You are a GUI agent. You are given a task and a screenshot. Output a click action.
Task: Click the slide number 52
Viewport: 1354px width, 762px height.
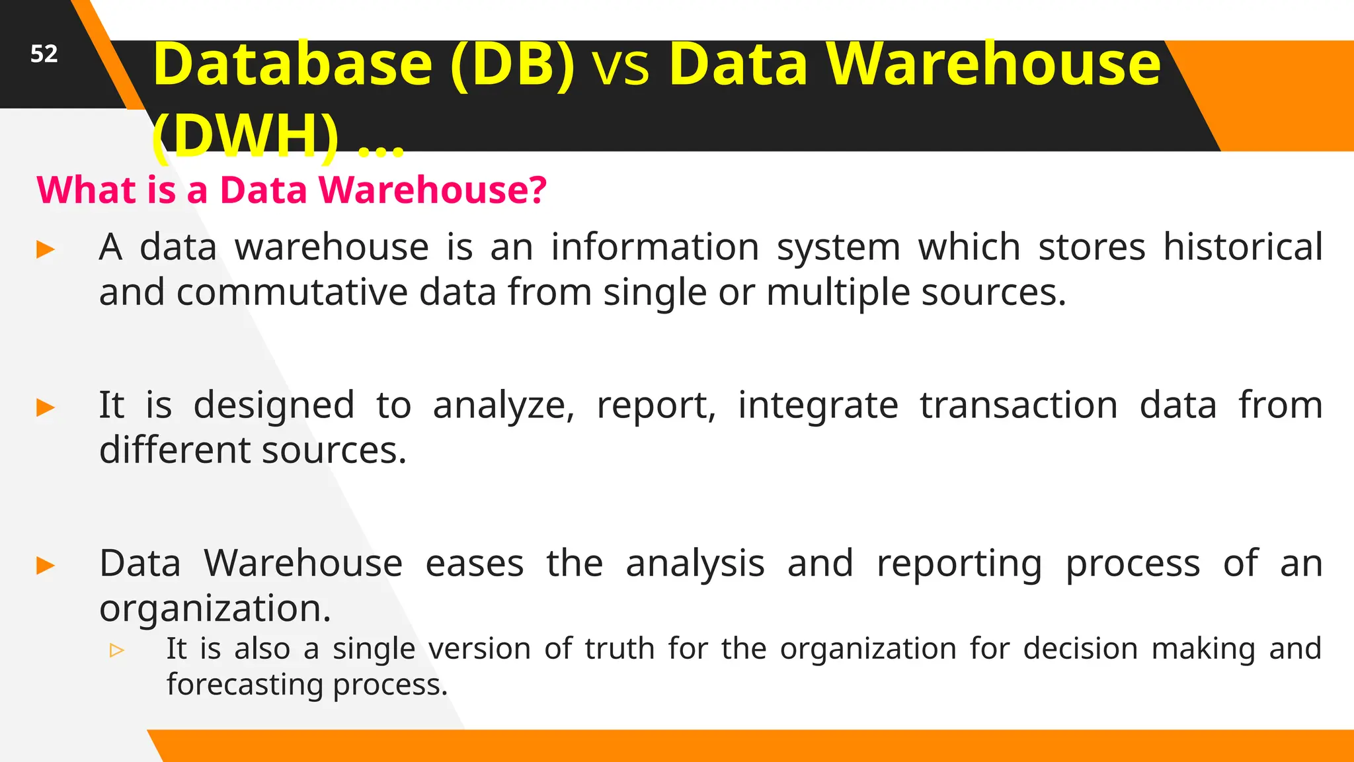point(44,54)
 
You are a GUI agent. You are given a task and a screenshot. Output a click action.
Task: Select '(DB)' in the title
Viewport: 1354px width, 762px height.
point(512,65)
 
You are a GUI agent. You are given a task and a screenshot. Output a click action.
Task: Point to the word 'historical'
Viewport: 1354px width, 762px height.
point(1242,247)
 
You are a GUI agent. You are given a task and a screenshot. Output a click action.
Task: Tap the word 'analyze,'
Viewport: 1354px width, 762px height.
point(503,405)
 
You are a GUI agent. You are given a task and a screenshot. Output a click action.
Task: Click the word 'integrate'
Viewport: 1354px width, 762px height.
point(818,405)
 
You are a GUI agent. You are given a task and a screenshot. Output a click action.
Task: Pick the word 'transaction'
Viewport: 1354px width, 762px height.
point(1018,405)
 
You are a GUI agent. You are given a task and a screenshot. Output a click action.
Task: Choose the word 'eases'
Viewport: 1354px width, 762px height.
point(474,564)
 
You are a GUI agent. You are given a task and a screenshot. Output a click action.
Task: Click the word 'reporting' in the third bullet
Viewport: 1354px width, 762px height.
point(959,564)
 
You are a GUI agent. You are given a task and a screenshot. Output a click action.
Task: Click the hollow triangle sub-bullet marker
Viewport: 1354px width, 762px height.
point(117,650)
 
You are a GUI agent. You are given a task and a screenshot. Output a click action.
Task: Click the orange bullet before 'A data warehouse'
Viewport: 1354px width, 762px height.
point(46,250)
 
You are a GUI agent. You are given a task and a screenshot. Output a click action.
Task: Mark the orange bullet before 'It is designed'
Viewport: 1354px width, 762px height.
point(46,407)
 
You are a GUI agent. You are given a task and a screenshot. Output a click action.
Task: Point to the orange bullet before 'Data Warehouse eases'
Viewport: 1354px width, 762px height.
point(46,566)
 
